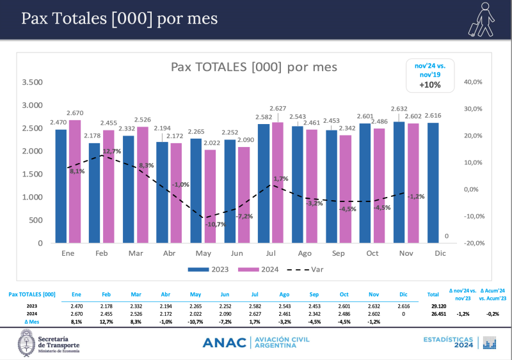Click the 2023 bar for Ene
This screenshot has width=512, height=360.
(x=61, y=186)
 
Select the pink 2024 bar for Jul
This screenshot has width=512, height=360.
(x=277, y=182)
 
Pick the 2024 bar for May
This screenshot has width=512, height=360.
(x=209, y=196)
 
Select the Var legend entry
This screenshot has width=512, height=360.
(x=308, y=269)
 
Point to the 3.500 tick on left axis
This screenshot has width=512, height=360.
(x=32, y=82)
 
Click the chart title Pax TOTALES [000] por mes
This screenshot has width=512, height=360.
(x=254, y=67)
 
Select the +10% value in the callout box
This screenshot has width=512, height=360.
(x=430, y=84)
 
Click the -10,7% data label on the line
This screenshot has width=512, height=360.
(x=216, y=224)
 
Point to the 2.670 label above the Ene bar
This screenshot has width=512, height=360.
(x=75, y=113)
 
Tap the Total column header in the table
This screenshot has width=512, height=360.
(x=433, y=295)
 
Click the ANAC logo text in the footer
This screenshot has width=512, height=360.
(x=224, y=343)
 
